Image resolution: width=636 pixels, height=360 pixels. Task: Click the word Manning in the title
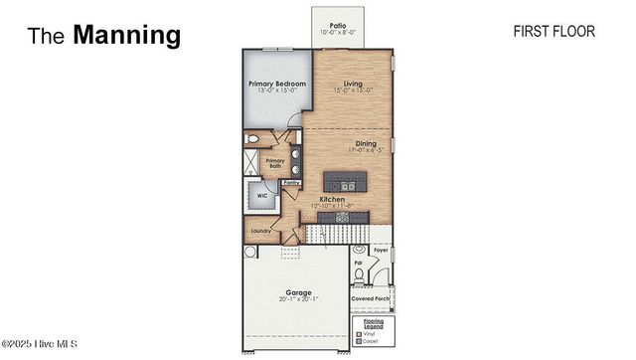127,36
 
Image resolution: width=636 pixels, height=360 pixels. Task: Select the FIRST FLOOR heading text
554,32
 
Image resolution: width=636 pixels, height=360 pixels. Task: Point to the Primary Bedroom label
276,84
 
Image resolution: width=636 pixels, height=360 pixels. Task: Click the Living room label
352,84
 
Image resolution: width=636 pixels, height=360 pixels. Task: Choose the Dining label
366,143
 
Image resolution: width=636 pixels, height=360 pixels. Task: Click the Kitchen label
333,199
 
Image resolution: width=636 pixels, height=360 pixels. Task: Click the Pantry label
292,184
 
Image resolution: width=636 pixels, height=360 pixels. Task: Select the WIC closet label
262,196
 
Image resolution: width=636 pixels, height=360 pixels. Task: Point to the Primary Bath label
274,163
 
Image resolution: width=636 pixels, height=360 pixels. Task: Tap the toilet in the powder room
359,274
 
